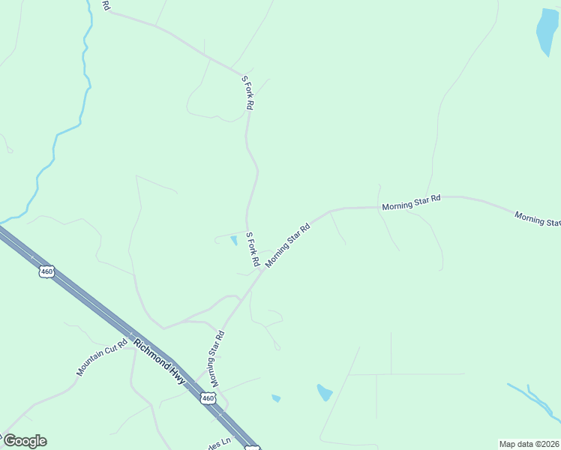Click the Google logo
24,441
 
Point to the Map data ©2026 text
529,444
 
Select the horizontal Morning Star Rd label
411,202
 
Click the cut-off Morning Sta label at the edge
538,219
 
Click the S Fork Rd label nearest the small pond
252,250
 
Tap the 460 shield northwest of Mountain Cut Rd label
47,271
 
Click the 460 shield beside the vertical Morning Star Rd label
208,398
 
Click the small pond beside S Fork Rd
233,241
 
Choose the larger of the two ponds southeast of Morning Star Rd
324,392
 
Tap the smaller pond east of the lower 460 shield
276,397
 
